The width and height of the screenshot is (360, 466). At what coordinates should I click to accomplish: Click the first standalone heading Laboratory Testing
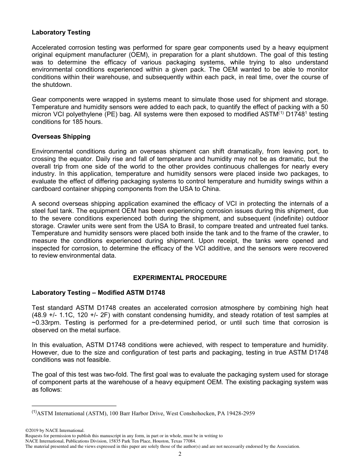(x=61, y=33)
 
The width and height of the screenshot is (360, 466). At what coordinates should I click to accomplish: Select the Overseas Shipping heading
(x=61, y=136)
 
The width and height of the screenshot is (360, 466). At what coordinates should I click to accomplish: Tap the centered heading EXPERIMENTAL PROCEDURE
(x=180, y=278)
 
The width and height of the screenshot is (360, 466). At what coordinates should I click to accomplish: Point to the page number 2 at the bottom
(x=180, y=454)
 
